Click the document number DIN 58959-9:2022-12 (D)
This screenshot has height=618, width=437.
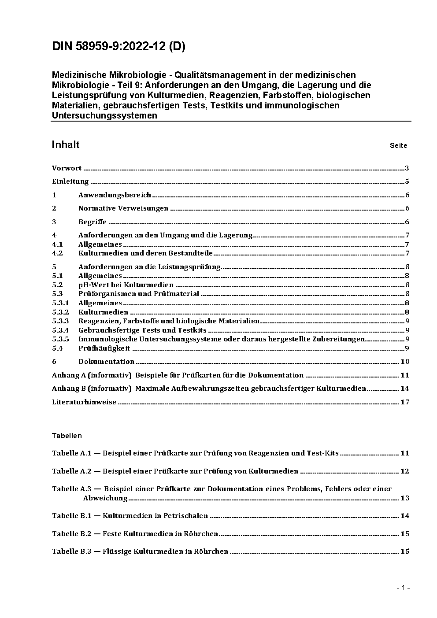[x=119, y=47]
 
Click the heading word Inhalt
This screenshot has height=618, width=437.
[x=66, y=145]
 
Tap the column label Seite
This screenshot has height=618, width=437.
[x=398, y=146]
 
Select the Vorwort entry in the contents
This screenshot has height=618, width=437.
[x=67, y=168]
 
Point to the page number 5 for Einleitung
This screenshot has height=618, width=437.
[x=407, y=181]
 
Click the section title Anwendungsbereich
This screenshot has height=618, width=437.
[x=115, y=195]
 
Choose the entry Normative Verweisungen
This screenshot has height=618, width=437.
[x=123, y=208]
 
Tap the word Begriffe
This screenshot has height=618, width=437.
[x=93, y=222]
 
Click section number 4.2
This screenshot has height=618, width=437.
[x=57, y=253]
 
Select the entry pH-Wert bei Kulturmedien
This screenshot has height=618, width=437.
[x=126, y=285]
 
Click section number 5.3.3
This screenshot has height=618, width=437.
[x=60, y=321]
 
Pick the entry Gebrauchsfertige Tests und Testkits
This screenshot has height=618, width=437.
[x=142, y=330]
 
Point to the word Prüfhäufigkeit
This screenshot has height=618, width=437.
[x=104, y=348]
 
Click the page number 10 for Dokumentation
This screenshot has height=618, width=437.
[x=405, y=362]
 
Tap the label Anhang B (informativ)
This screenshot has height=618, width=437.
[x=92, y=389]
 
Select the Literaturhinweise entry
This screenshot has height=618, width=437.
[x=84, y=402]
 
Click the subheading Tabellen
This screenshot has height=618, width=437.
[x=67, y=436]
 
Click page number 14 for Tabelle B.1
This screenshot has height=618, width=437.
[x=405, y=516]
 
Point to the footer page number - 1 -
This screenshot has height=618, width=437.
[x=403, y=588]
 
